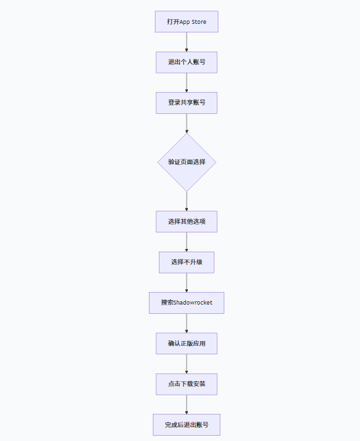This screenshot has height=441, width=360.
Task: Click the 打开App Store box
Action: (x=186, y=21)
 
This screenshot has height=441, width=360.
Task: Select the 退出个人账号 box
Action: (x=186, y=62)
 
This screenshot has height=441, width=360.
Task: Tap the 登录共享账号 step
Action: (x=186, y=103)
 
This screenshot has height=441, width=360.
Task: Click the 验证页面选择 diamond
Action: (x=187, y=162)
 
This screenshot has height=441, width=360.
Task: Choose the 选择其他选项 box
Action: (x=187, y=221)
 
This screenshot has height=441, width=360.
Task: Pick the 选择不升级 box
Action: (x=187, y=262)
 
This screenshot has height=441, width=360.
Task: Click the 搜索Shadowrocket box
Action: (x=187, y=303)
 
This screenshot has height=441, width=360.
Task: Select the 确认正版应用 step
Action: (x=187, y=344)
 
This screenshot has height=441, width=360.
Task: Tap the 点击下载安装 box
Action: (x=187, y=384)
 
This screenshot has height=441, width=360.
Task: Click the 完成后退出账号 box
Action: (x=187, y=424)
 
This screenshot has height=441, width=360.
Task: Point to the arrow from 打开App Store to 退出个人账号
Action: (x=187, y=42)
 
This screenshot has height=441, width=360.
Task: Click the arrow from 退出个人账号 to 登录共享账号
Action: (x=187, y=82)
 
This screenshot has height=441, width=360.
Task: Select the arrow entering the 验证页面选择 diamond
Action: (x=187, y=123)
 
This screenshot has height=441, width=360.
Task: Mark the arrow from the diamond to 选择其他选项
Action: (x=187, y=201)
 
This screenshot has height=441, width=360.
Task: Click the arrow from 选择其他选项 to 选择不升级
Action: (x=187, y=242)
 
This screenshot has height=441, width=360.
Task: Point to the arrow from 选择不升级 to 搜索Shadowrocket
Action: (x=187, y=282)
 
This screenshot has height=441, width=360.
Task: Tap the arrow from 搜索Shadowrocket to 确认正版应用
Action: (x=187, y=323)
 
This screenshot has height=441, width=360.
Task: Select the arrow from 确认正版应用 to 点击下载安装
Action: (x=187, y=364)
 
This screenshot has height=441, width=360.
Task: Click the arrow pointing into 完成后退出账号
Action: (x=187, y=404)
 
